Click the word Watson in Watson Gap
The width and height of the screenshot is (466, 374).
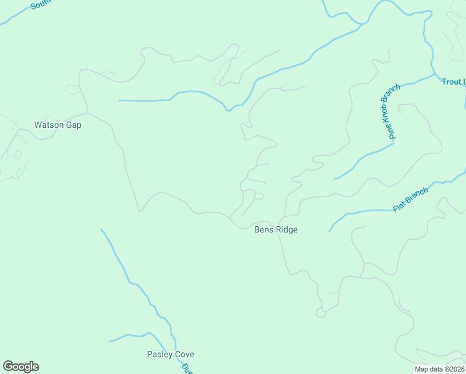(49, 125)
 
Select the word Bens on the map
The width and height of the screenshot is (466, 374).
(264, 230)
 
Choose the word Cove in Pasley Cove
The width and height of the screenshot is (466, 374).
(184, 355)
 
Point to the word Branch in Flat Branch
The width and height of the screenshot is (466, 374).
(417, 196)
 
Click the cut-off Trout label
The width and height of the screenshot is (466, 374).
(453, 82)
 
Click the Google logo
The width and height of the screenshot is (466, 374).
(21, 367)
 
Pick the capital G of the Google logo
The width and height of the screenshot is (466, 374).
(7, 366)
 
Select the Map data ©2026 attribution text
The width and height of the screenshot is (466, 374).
(439, 369)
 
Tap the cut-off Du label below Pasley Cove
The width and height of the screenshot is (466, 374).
(186, 368)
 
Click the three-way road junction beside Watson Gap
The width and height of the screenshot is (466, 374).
(87, 113)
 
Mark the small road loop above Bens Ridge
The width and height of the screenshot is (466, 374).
(259, 196)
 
